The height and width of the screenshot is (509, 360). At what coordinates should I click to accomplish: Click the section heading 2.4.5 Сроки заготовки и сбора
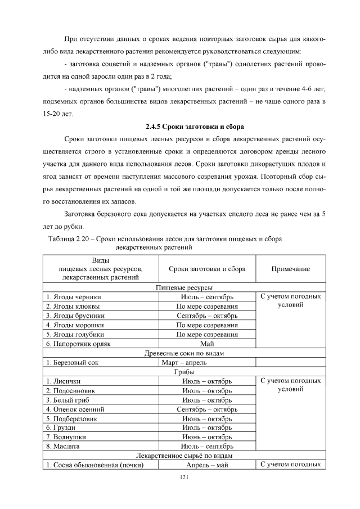pyautogui.click(x=194, y=125)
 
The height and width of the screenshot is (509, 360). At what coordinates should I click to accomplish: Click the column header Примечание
pyautogui.click(x=291, y=269)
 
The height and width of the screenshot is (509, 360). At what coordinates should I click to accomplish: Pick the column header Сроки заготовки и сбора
pyautogui.click(x=207, y=269)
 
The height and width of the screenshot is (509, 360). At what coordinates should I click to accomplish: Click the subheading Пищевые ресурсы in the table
pyautogui.click(x=183, y=287)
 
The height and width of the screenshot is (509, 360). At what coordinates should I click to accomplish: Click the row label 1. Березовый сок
pyautogui.click(x=73, y=362)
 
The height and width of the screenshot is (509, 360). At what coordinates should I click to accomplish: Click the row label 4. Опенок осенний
pyautogui.click(x=75, y=409)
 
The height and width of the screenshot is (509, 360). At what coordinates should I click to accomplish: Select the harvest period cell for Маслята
pyautogui.click(x=207, y=446)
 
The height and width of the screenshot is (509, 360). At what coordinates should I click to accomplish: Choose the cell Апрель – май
pyautogui.click(x=207, y=465)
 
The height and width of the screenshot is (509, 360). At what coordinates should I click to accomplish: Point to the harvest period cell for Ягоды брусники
pyautogui.click(x=207, y=316)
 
